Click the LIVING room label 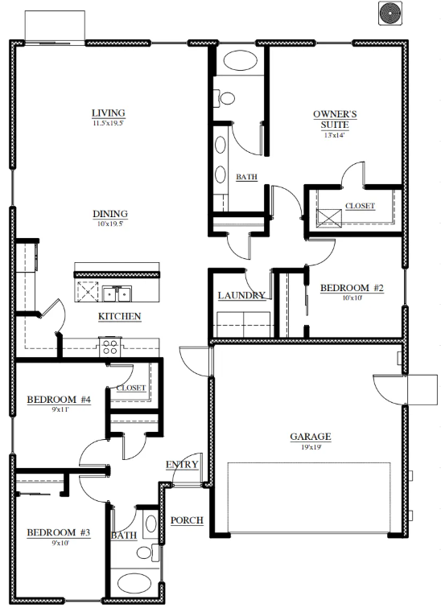click(109, 113)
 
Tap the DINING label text click(110, 214)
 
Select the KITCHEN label click(119, 317)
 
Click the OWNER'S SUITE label click(335, 120)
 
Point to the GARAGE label click(311, 437)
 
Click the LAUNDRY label click(241, 295)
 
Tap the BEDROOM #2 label click(352, 288)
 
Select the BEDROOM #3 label click(59, 532)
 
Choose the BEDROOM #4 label click(59, 400)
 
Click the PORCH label click(187, 520)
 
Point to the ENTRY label click(182, 465)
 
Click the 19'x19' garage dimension click(311, 447)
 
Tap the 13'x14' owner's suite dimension click(335, 136)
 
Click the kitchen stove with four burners click(110, 347)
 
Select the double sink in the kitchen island click(117, 293)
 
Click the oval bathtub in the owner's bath click(240, 60)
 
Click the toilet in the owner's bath click(224, 98)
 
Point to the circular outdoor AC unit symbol click(390, 14)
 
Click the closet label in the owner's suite click(360, 206)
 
